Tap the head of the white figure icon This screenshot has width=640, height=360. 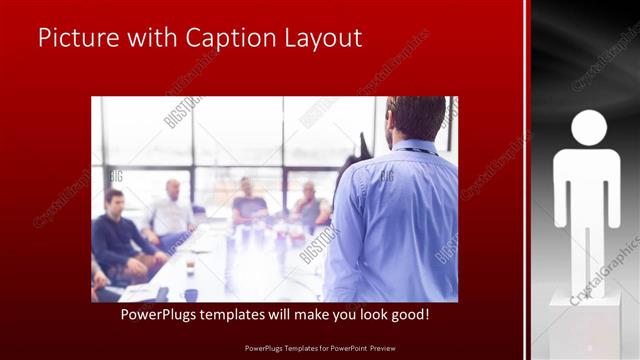click(588, 127)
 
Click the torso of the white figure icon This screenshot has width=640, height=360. click(588, 185)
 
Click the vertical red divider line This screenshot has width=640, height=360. click(526, 180)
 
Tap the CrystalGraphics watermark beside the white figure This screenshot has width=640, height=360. click(606, 270)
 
